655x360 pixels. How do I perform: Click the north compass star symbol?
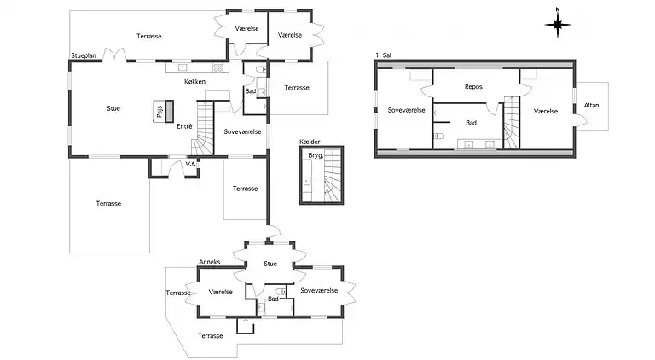point(558,25)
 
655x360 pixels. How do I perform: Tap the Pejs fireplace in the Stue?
point(164,111)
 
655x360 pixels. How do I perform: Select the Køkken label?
point(194,81)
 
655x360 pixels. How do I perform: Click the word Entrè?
point(184,126)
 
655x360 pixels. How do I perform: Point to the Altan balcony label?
point(591,105)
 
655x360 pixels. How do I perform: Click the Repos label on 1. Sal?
point(473,87)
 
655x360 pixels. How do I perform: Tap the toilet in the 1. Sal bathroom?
point(438,136)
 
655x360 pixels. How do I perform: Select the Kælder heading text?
point(310,142)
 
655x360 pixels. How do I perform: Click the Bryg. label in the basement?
point(316,155)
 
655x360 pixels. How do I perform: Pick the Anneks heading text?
point(209,262)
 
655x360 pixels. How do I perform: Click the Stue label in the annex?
point(270,264)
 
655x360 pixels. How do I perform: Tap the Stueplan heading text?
point(84,55)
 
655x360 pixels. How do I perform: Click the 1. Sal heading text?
point(383,55)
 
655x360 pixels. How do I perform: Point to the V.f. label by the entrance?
point(190,164)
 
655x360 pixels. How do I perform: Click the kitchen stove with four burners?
point(218,67)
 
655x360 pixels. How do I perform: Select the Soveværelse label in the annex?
point(319,290)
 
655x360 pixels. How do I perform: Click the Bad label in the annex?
point(273,299)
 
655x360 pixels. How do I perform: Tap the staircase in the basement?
point(333,176)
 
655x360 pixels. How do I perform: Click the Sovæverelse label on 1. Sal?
point(406,110)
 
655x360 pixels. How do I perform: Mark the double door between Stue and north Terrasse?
point(114,55)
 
